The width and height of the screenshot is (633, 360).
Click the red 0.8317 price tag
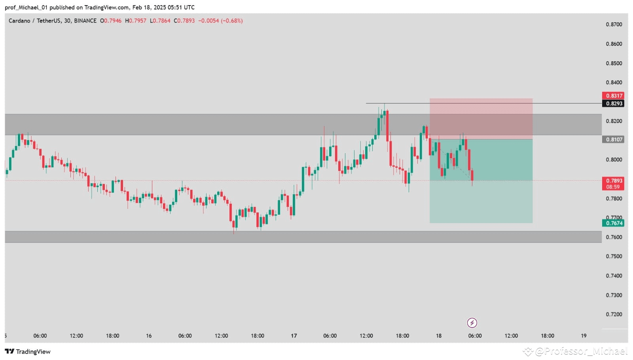coord(613,96)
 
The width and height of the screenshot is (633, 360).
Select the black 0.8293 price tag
coord(613,104)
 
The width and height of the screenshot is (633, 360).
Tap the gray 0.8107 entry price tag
coord(613,139)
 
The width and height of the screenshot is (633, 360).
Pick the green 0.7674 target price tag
coord(613,223)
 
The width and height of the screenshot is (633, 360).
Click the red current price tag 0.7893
coord(613,181)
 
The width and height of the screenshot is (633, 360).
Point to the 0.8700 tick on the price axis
coord(614,25)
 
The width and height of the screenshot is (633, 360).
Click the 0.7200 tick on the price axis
coord(614,315)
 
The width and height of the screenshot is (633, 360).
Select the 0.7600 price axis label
coord(614,237)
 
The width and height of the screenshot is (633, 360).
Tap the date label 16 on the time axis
coord(149,336)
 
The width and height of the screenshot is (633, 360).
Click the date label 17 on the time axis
coord(294,336)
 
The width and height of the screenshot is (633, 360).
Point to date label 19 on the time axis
coord(584,336)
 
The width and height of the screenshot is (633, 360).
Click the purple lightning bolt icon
coord(472,323)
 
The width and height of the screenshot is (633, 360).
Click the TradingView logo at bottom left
coord(28,352)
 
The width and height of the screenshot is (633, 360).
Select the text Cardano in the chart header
coord(19,21)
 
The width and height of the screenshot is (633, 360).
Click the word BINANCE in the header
coord(85,21)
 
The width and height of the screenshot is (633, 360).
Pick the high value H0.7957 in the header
coord(136,21)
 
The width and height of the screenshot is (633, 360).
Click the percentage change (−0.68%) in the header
coord(232,21)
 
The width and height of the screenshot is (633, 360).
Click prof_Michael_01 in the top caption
coord(26,8)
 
